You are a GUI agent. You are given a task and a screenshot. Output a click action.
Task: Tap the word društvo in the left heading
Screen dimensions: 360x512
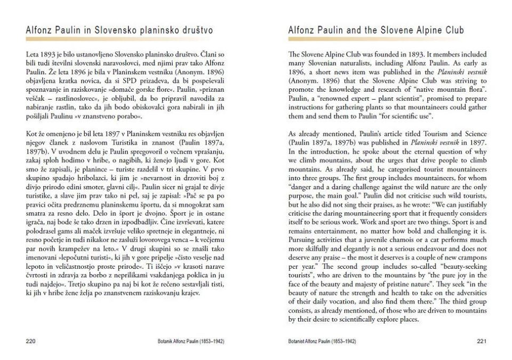click(x=196, y=30)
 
